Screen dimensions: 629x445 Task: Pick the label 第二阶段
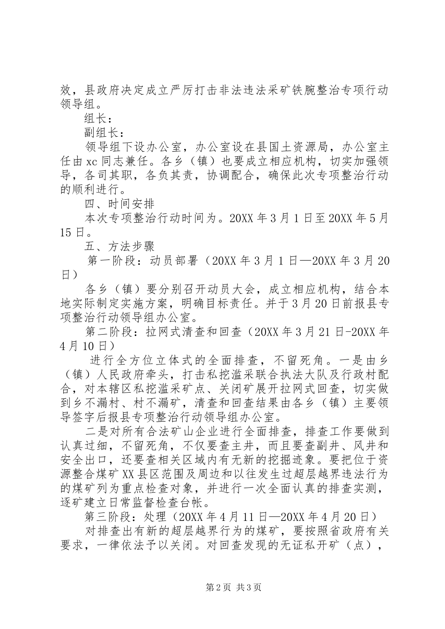pyautogui.click(x=108, y=333)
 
